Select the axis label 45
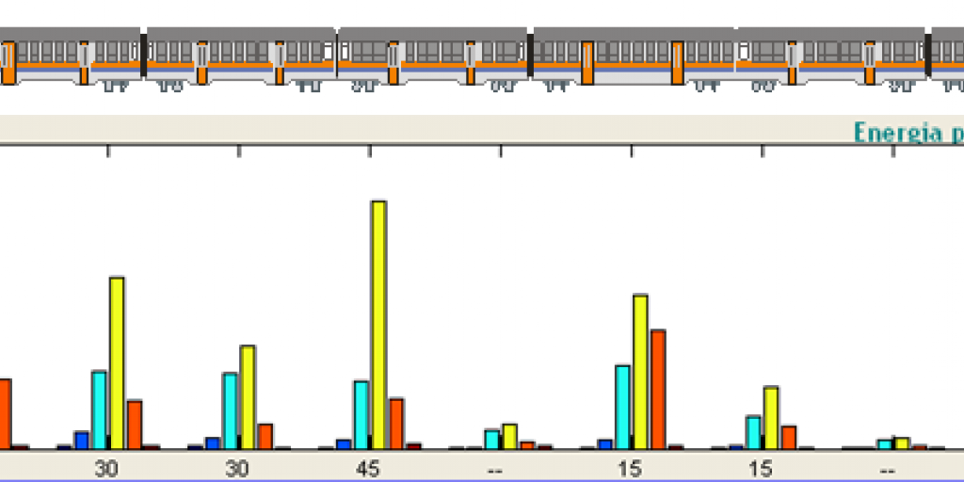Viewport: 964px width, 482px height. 369,468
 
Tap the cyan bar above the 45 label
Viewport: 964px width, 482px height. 361,414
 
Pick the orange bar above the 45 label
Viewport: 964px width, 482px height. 396,424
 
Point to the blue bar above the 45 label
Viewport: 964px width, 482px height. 344,444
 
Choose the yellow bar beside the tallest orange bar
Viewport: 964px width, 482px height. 640,372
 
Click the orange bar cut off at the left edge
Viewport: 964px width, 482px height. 5,413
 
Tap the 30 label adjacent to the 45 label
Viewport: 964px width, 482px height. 237,468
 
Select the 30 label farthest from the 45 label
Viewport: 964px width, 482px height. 106,468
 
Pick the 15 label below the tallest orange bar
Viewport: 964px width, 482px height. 630,468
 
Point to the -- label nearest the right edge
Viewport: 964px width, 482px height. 887,468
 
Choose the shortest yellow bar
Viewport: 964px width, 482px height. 902,443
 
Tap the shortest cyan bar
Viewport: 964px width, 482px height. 884,444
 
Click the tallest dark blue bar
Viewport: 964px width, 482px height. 81,440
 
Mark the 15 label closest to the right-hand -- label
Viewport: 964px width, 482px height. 761,468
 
